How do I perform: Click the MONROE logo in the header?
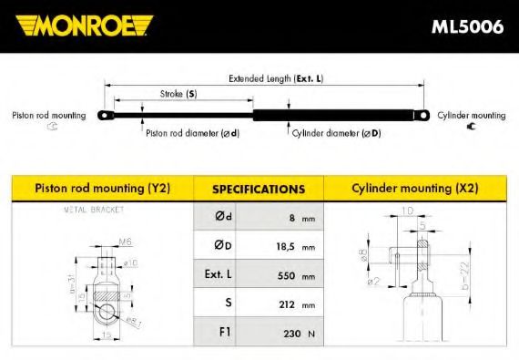click(x=83, y=26)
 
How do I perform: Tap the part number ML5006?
click(x=467, y=26)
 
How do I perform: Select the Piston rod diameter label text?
click(x=192, y=133)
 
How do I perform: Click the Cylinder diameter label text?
click(x=336, y=133)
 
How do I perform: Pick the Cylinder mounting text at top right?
click(x=471, y=116)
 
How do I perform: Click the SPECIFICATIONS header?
click(x=258, y=190)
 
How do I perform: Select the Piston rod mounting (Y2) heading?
click(x=102, y=189)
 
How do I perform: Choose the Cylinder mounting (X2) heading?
click(x=415, y=189)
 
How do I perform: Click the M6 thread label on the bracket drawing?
click(x=127, y=242)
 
